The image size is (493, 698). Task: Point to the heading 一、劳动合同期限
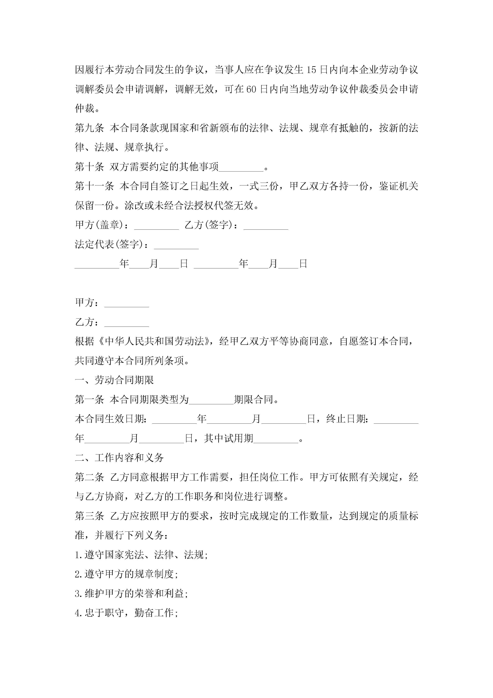click(x=114, y=380)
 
